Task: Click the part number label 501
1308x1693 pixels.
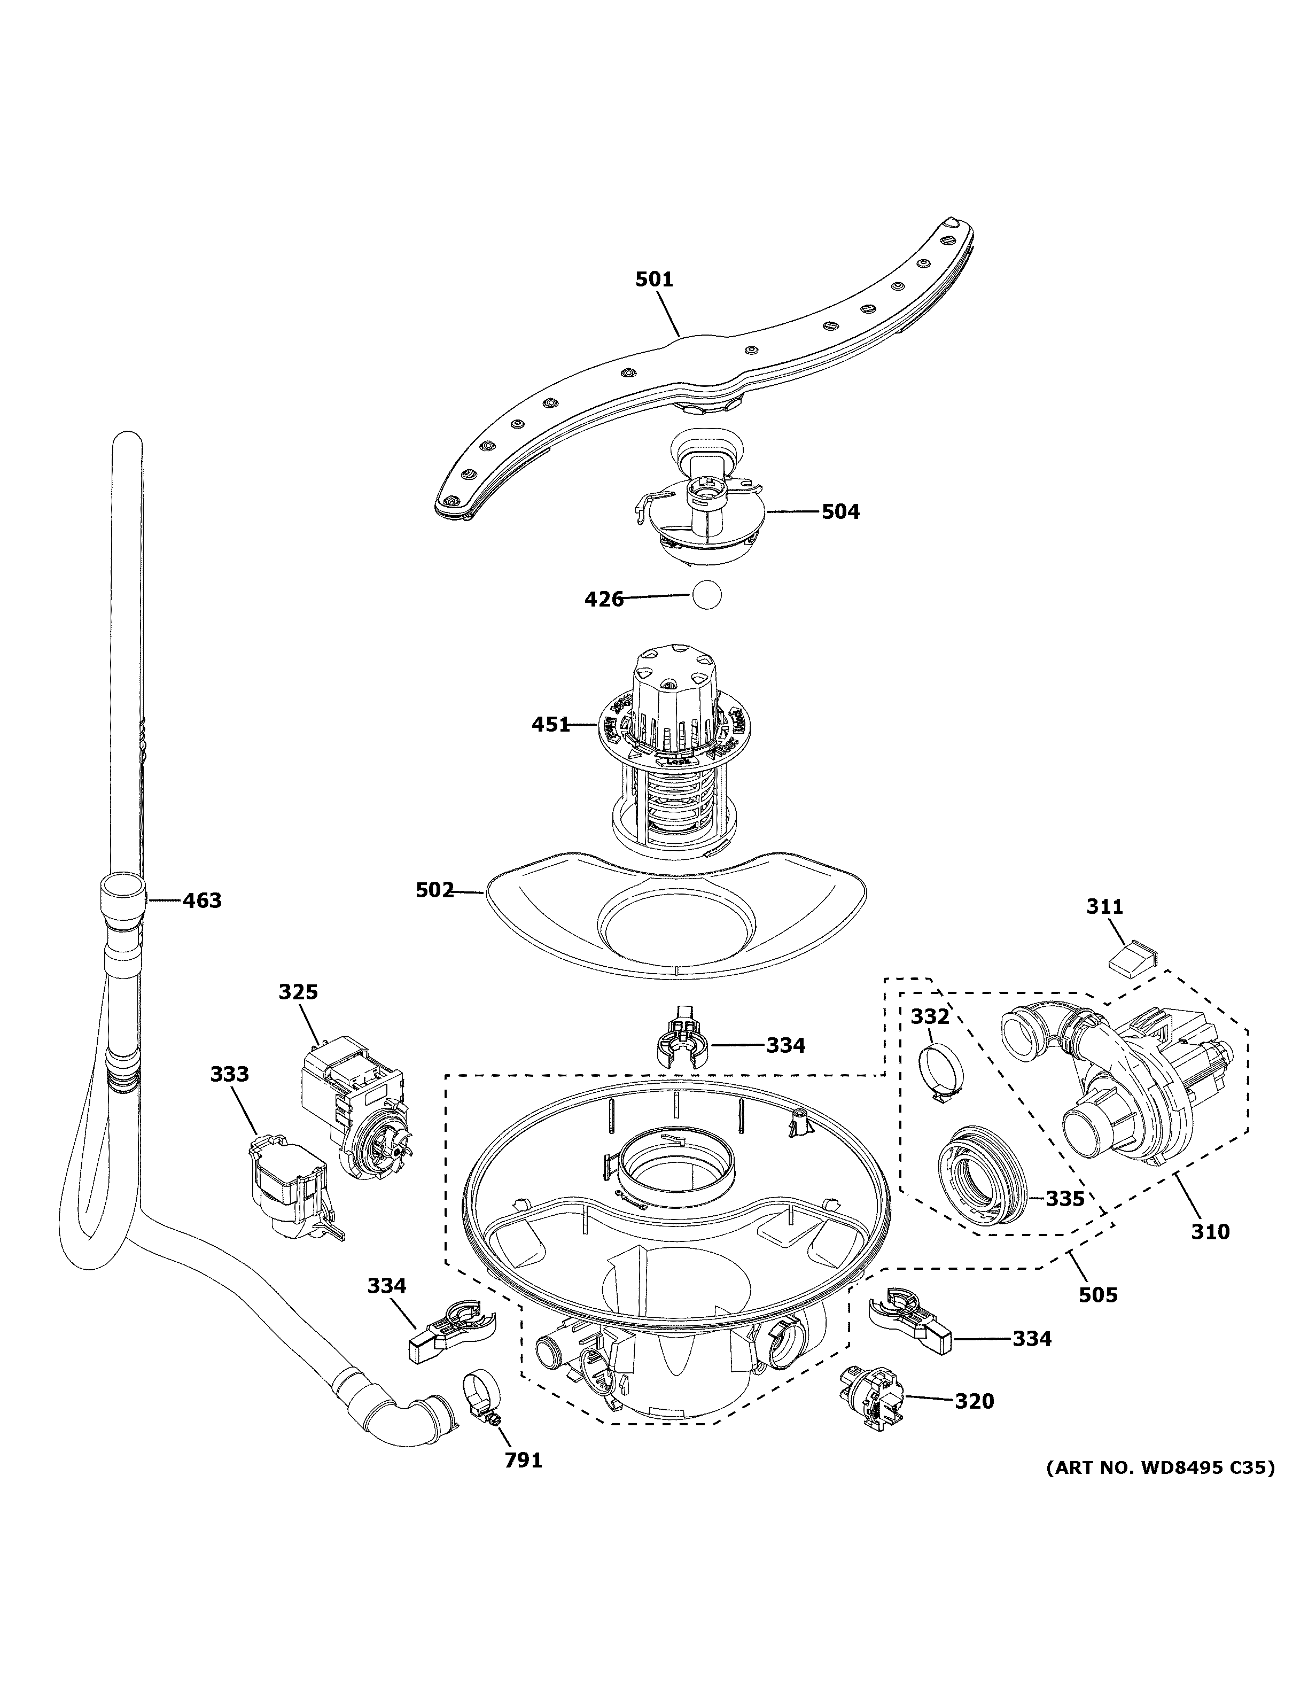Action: click(654, 279)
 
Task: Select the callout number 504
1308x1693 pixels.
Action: click(841, 511)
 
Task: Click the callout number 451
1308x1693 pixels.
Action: click(550, 725)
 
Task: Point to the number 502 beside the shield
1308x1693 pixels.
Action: click(434, 890)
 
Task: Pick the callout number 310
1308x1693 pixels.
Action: click(1210, 1231)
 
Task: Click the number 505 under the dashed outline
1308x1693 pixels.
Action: click(1099, 1294)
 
